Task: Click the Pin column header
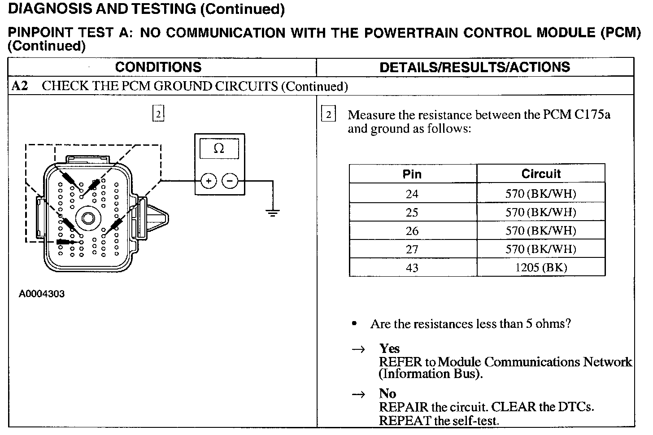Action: click(412, 174)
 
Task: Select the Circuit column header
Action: click(541, 174)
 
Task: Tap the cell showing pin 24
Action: click(412, 194)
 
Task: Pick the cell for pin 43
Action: click(412, 268)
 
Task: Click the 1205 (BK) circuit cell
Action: click(541, 268)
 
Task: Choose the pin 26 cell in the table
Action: click(412, 231)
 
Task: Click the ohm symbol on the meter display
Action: click(219, 148)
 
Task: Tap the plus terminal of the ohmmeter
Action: click(209, 181)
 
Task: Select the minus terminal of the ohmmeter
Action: click(230, 181)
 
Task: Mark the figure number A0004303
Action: click(42, 294)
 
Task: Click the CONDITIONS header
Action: click(158, 67)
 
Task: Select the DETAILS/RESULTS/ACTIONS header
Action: click(475, 67)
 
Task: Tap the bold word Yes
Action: click(389, 348)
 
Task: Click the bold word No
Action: click(387, 394)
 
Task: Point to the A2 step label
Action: click(20, 86)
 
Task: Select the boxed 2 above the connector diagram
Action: click(158, 114)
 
